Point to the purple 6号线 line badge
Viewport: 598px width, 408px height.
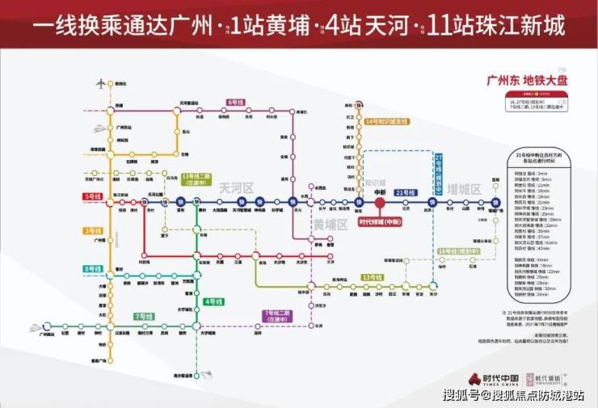tap(235, 103)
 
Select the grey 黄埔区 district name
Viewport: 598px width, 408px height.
tap(330, 224)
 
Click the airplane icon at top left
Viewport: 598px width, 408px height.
tap(101, 83)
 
